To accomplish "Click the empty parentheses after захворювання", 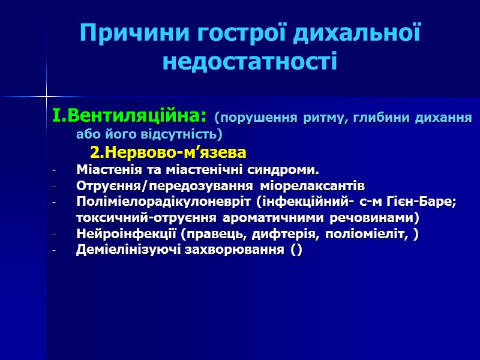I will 296,251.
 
